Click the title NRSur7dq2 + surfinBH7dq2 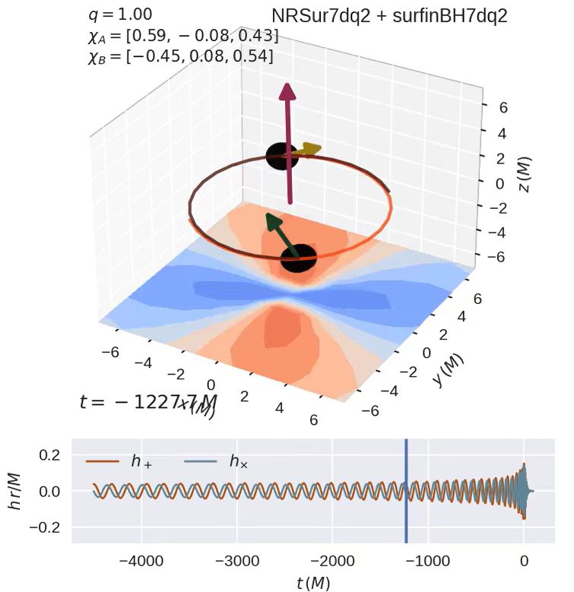[x=389, y=16]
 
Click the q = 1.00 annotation [x=120, y=14]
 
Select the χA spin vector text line [x=182, y=35]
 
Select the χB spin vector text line [x=181, y=55]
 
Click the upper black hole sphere [x=281, y=156]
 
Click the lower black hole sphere [x=298, y=258]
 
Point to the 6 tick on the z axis [x=503, y=109]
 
